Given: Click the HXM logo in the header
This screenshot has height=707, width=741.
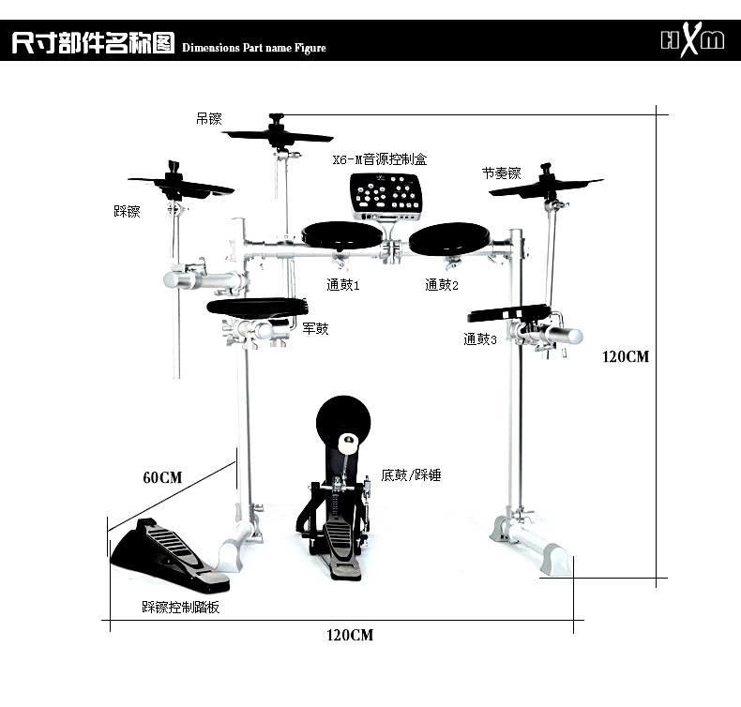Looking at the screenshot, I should pos(693,40).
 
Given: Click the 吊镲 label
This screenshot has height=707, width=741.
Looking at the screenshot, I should pos(208,119).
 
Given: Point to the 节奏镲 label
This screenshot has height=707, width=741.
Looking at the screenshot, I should pos(501,173).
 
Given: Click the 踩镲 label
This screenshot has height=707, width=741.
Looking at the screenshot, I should pos(127,212).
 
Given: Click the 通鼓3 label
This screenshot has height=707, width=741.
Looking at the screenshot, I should pos(479,339).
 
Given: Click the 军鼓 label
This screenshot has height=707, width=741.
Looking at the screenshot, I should pos(315,329).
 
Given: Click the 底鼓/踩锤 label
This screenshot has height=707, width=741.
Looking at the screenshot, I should pos(412,475).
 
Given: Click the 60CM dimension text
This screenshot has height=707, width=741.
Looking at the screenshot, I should pos(162,477).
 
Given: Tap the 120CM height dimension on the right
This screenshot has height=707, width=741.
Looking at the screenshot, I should pos(626,356).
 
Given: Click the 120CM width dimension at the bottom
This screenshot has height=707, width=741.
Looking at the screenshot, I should pos(350,636).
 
